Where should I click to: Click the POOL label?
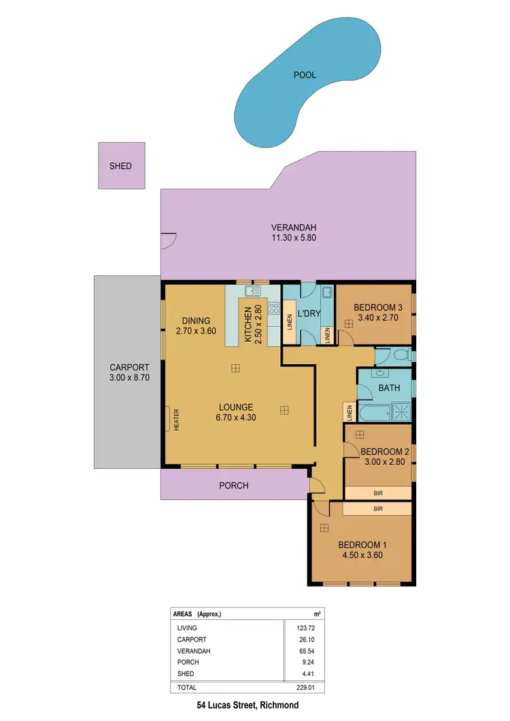(305, 75)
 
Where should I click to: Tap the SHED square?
(121, 166)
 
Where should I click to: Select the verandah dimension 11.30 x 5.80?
(294, 239)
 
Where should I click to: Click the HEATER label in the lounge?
(175, 419)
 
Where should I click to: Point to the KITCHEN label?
(248, 323)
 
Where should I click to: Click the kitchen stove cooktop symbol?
(274, 310)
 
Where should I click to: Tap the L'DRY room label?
(309, 314)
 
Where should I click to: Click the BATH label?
(388, 389)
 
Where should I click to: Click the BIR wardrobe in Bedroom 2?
(378, 492)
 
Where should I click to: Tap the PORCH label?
(233, 486)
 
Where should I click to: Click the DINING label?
(196, 321)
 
